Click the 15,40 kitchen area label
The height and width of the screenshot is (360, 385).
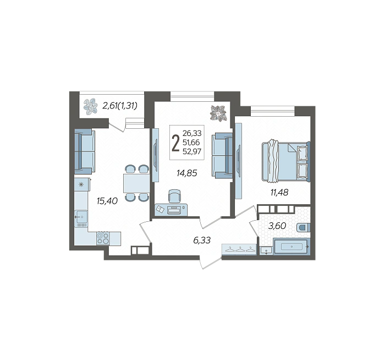coord(107,201)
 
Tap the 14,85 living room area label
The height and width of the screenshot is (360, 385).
coord(187,173)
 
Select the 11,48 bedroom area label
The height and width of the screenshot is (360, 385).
coord(279,193)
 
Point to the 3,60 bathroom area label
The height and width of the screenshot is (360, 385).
coord(277,226)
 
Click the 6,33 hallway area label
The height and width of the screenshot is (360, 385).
coord(202,240)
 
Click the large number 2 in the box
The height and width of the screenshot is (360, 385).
coord(175,144)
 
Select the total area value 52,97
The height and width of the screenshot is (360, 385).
coord(192,151)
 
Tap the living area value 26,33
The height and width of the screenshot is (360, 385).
coord(192,133)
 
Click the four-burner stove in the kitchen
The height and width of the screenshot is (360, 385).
coord(103,238)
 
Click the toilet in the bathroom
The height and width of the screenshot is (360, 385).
coord(304,227)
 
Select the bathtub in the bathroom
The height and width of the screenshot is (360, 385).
coord(291,247)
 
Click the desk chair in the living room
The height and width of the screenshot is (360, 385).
coord(174,196)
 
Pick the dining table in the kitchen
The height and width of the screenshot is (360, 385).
coord(136,183)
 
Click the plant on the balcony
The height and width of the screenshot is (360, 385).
coord(90,106)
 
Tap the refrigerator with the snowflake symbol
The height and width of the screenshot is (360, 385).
coord(82,184)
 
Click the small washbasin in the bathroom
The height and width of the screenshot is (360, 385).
coord(266,250)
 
